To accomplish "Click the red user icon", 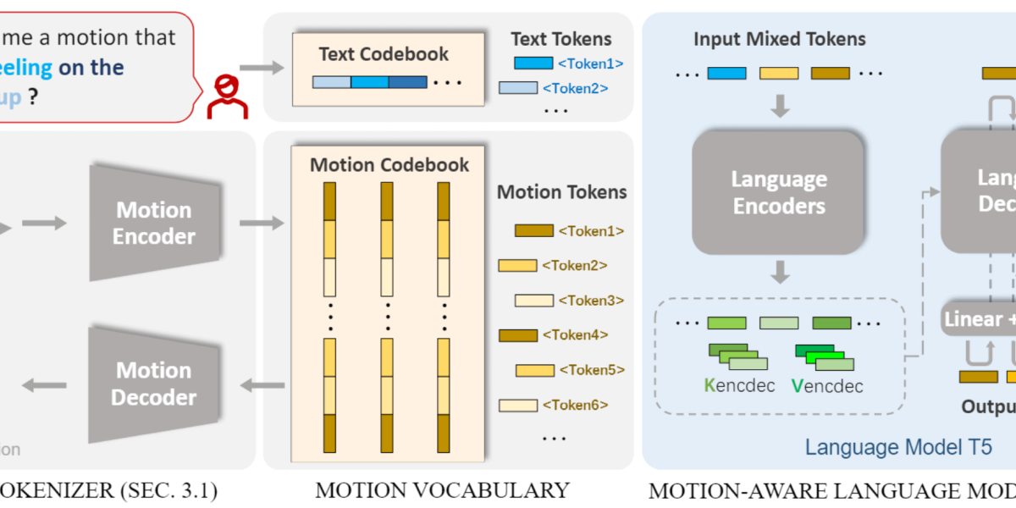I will pos(226,96).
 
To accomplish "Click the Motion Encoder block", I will pos(154,223).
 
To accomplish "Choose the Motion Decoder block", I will pos(154,384).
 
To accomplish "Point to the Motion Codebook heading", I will pos(389,164).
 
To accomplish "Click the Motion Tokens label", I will pos(561,192).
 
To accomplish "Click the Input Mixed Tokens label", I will pos(779,39).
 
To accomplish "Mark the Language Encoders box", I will pos(778,192).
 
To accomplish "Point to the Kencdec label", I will pos(735,386).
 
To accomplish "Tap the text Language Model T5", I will pos(897,446).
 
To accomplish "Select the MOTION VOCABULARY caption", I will pos(442,489).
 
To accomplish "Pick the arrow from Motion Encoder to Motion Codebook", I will pos(262,223).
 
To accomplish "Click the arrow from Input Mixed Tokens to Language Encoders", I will pos(779,106).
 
